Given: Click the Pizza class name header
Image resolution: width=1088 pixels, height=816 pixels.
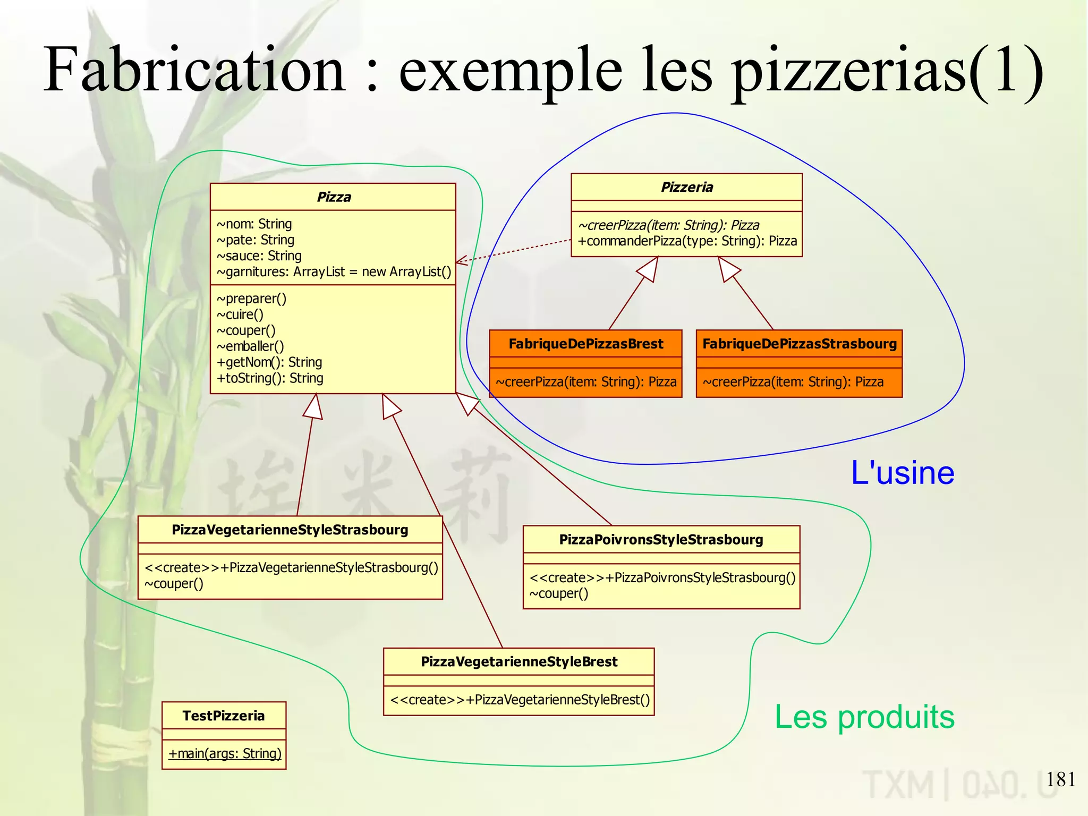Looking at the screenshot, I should coord(334,197).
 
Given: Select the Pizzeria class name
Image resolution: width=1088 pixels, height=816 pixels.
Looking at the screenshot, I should coord(686,188).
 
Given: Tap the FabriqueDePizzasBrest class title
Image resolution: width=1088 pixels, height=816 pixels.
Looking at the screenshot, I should coord(585,344).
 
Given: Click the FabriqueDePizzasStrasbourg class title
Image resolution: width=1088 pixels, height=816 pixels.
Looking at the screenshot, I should coord(799,344).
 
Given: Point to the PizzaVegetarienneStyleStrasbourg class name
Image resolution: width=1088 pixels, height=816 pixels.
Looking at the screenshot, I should coord(290,530).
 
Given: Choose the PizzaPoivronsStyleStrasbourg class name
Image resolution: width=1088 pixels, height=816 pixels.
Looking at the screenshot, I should coord(661,540).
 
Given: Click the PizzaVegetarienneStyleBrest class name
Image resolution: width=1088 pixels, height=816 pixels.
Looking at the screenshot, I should coord(519,662).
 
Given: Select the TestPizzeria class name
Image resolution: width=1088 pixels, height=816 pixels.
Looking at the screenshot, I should coord(224,716).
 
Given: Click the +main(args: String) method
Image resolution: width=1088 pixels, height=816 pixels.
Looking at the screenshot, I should coord(225,754).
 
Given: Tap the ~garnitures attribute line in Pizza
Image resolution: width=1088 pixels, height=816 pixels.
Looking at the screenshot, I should coord(334,272).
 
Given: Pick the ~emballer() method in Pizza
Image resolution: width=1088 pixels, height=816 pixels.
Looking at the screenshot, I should coord(250,346).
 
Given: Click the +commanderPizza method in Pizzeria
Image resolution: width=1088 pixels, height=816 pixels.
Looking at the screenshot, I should coord(687,241).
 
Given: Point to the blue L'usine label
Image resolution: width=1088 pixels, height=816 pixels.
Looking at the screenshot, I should coord(902,473).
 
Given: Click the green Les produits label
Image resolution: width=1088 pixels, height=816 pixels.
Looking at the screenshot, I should coord(864,717).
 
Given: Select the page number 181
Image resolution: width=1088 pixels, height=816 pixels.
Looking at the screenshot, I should coord(1060,779).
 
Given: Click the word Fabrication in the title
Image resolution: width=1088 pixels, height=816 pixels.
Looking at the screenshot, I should coord(194,70).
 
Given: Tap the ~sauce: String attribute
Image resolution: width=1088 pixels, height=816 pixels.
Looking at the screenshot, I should coord(259,256).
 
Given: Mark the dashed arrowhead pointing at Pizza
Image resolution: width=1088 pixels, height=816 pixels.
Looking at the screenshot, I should coord(460,260).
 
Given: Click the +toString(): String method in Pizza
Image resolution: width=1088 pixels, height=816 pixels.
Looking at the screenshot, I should coord(270,378).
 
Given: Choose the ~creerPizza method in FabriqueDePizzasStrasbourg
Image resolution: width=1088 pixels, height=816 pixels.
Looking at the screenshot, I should coord(793,382).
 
